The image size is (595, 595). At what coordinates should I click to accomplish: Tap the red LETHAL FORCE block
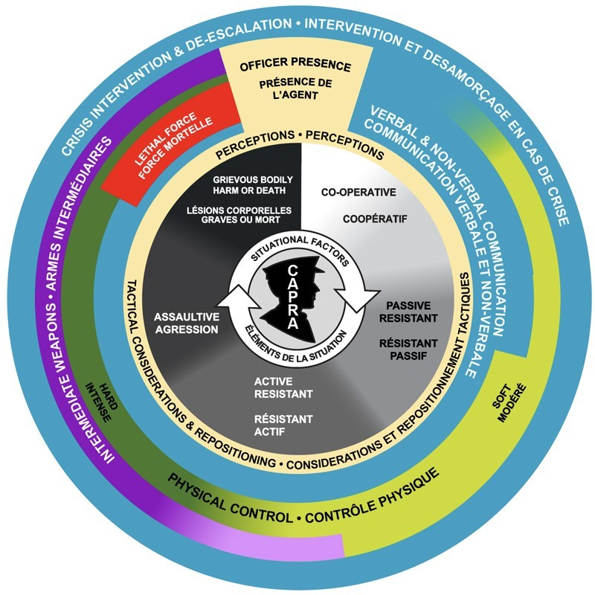point(173,141)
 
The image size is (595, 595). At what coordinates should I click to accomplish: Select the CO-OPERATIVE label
point(358,192)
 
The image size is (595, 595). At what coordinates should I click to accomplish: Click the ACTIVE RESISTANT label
point(283,387)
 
